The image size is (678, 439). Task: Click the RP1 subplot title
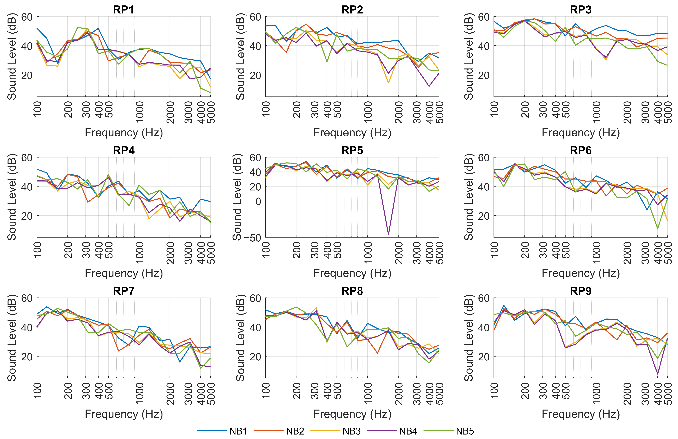(x=123, y=10)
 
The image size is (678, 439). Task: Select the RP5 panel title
(x=352, y=150)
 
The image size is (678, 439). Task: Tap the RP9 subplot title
(x=581, y=291)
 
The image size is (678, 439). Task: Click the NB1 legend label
(x=238, y=431)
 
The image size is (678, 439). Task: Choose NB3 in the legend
(x=351, y=431)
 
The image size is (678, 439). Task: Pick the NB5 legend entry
(x=465, y=431)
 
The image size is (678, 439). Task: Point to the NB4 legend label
(x=408, y=431)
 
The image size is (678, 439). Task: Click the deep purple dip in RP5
(x=388, y=234)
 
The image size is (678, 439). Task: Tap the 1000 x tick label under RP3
(x=596, y=112)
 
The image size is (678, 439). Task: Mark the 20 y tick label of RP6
(x=484, y=216)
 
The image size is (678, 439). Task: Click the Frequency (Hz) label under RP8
(x=352, y=414)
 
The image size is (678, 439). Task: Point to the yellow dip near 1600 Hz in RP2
(x=388, y=83)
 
